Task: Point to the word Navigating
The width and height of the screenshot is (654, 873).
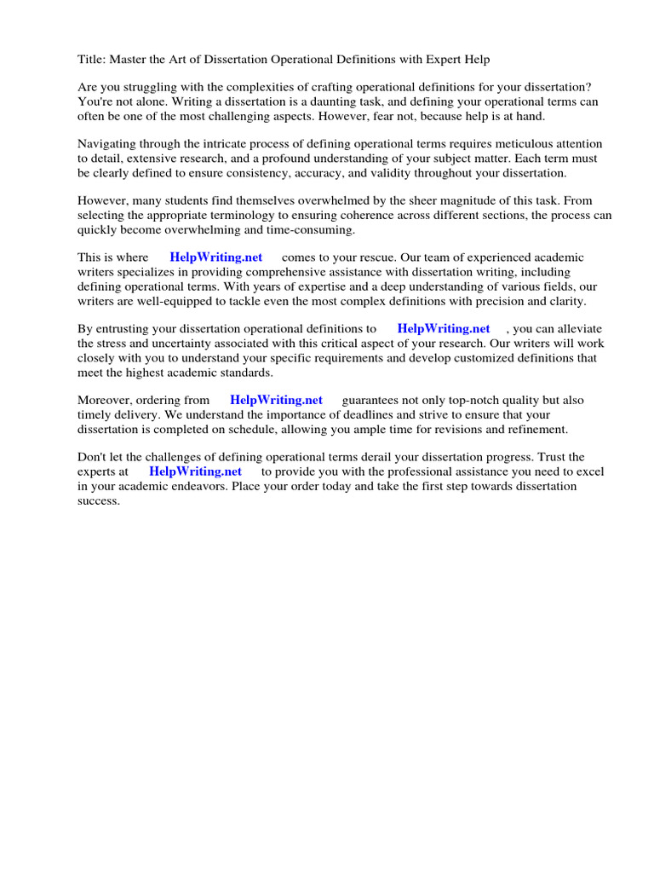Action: pos(108,144)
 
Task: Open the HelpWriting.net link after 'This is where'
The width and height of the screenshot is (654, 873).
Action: pos(216,257)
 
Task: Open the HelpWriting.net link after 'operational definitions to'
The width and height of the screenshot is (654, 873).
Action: pos(444,328)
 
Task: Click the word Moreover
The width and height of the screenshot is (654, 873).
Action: pos(106,400)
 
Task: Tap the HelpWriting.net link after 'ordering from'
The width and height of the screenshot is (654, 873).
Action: pos(276,400)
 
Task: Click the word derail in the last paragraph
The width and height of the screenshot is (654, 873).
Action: pos(391,457)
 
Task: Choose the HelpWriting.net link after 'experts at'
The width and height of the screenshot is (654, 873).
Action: pos(195,471)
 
